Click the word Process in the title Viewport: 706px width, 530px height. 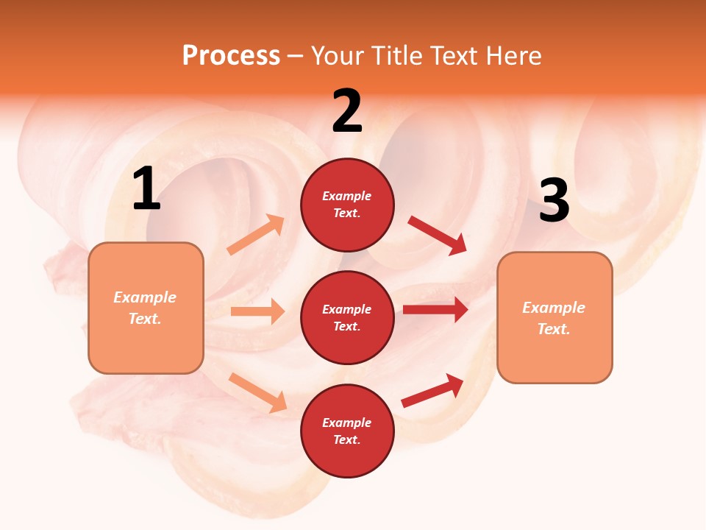(x=231, y=56)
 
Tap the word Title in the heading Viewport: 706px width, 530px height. (x=396, y=56)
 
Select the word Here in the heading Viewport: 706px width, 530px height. (x=513, y=56)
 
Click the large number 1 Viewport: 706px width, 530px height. (x=146, y=189)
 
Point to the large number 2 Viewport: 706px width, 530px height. (x=347, y=111)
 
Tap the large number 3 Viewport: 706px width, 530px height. (x=554, y=201)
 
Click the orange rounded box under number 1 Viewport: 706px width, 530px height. (x=146, y=308)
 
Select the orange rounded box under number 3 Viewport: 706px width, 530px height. (x=555, y=318)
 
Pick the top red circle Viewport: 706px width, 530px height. (x=347, y=205)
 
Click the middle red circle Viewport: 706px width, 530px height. (x=347, y=318)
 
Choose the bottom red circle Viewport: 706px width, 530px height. (x=347, y=431)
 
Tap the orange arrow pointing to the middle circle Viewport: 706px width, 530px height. (x=257, y=311)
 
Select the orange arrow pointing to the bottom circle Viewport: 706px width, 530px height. (x=257, y=392)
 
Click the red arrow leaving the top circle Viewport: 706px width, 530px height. (x=438, y=236)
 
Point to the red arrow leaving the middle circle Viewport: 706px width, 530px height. (x=435, y=310)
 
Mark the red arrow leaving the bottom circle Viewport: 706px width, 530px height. (x=432, y=390)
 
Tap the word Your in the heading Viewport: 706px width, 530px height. (x=338, y=56)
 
